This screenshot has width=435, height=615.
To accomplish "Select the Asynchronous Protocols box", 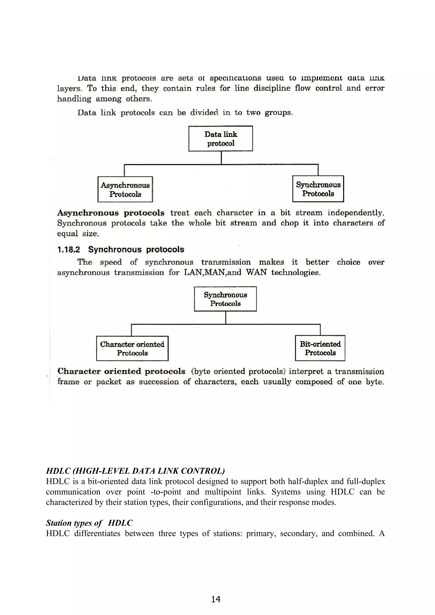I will click(125, 189).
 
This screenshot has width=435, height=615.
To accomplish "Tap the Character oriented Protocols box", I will click(132, 348).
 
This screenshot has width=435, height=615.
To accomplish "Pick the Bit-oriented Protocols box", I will click(320, 348).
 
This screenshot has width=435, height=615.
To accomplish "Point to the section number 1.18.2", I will click(69, 250).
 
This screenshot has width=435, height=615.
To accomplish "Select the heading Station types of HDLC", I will click(89, 523).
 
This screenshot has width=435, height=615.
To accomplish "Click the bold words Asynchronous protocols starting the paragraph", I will click(111, 213).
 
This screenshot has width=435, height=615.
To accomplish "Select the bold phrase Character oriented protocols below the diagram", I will click(121, 371).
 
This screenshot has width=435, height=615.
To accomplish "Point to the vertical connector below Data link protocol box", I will click(221, 158).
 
